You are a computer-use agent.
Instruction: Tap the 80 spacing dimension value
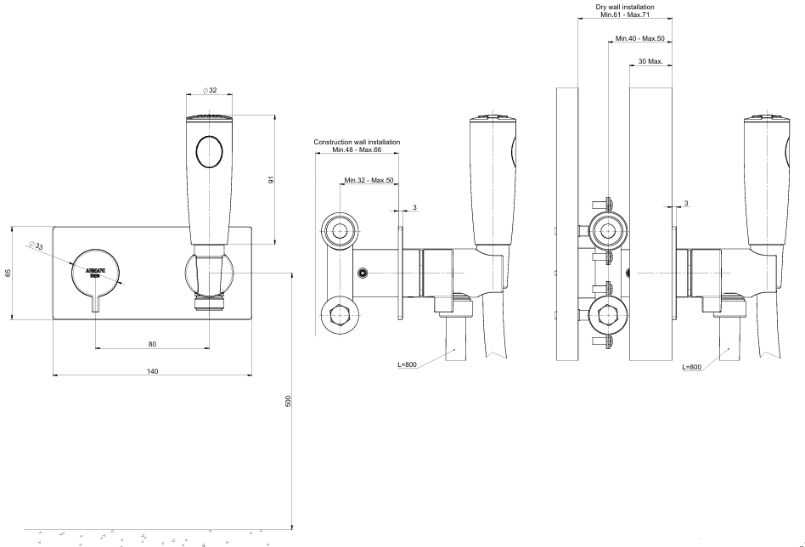[x=152, y=344]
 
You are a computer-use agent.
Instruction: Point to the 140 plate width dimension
[x=152, y=371]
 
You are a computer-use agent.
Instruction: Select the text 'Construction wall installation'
[x=357, y=142]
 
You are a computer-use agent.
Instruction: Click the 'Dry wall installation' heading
[x=624, y=7]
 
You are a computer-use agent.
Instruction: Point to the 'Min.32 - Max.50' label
[x=369, y=180]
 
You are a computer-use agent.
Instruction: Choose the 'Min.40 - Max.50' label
[x=641, y=38]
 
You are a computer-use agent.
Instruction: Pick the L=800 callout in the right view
[x=691, y=367]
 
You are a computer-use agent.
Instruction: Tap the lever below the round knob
[x=95, y=302]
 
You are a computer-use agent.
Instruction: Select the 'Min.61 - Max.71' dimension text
[x=624, y=14]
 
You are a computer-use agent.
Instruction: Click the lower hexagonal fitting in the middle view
[x=341, y=317]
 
